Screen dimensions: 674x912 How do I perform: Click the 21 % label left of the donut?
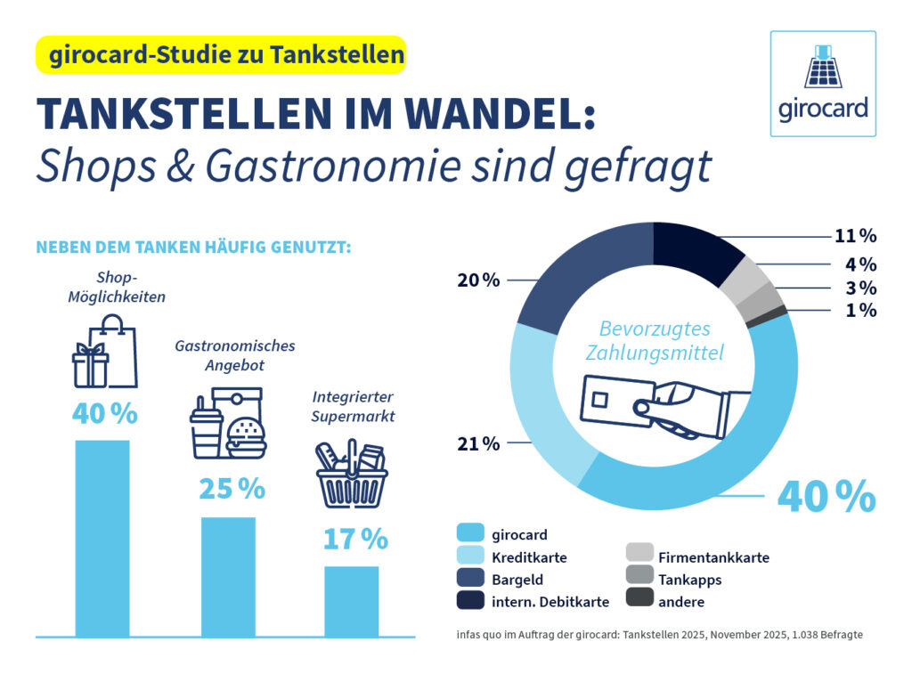pos(478,443)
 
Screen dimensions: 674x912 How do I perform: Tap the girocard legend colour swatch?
pos(469,534)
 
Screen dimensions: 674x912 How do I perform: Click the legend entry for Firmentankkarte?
pos(713,557)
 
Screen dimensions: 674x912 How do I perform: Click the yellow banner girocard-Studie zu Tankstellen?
pos(221,55)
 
